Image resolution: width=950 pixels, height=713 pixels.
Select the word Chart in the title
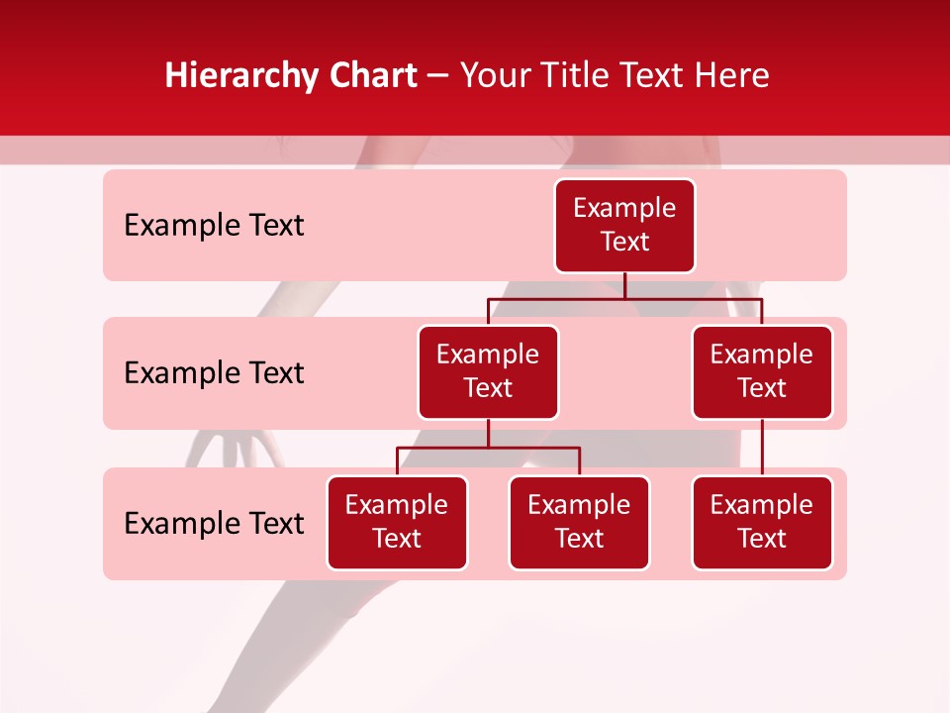point(373,76)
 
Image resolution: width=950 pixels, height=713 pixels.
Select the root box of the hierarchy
point(624,226)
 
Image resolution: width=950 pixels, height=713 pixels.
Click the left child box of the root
point(488,371)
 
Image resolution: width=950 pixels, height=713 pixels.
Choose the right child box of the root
point(762,371)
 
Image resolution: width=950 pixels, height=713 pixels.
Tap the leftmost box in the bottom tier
point(397,522)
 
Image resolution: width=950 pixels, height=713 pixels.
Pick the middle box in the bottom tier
point(579,522)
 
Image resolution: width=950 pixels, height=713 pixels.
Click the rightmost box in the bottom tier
point(762,522)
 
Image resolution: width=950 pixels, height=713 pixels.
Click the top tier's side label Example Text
point(214,226)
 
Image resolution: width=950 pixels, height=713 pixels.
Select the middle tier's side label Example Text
point(214,373)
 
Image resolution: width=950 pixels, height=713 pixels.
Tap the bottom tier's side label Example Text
point(214,523)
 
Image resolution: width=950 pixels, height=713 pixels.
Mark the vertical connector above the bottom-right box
point(762,448)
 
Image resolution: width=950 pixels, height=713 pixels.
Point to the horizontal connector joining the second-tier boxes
point(624,298)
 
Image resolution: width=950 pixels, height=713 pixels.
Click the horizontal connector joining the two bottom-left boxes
point(488,448)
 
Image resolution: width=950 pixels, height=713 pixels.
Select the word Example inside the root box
point(624,208)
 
